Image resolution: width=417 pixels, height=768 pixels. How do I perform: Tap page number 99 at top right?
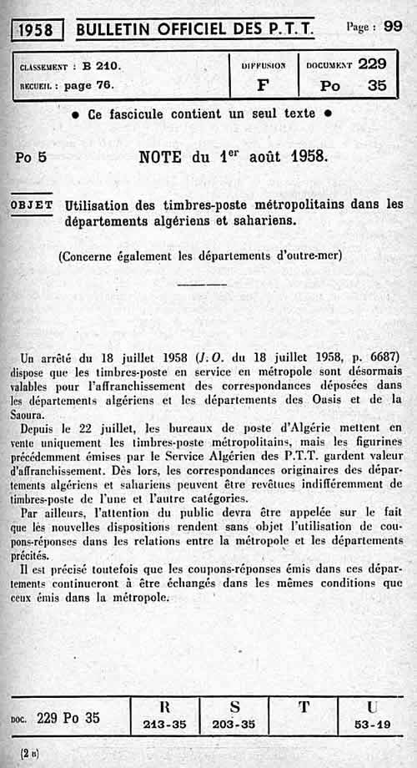(393, 26)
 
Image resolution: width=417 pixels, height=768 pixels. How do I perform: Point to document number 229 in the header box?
(372, 63)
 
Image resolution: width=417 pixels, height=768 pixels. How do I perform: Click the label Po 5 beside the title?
(31, 156)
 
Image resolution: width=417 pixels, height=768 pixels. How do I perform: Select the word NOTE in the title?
(164, 155)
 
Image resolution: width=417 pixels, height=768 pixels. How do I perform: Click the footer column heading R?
(164, 707)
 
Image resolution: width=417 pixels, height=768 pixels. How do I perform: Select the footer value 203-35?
(234, 725)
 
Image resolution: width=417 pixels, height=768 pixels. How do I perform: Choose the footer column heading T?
(304, 707)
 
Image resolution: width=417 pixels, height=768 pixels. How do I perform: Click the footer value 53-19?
(371, 725)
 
